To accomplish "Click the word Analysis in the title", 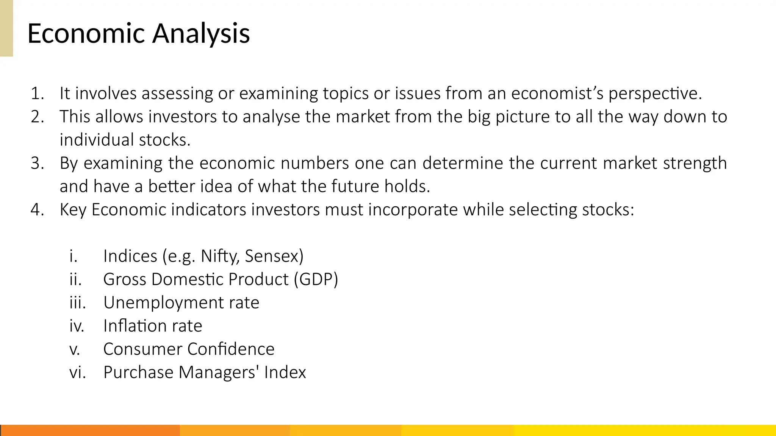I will click(x=201, y=34).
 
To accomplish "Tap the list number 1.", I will click(x=37, y=93).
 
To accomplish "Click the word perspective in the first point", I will click(x=655, y=93).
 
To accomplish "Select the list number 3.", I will click(x=37, y=163).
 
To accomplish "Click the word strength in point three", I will click(x=695, y=163).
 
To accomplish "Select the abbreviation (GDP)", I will click(x=316, y=279).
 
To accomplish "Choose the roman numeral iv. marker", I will click(x=77, y=326).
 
